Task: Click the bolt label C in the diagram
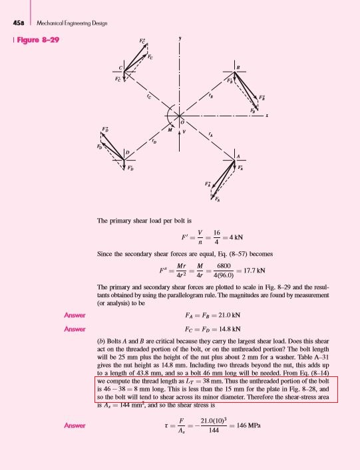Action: tap(120, 69)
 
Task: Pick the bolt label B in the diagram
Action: tap(238, 68)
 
